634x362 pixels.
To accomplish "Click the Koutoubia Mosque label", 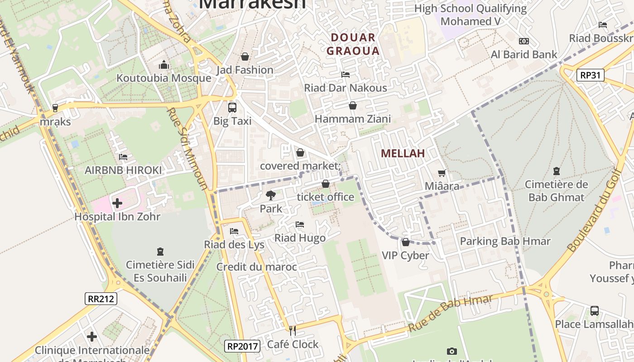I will (x=163, y=78).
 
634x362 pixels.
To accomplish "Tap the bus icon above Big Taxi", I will (x=232, y=108).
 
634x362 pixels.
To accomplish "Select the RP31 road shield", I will (x=591, y=75).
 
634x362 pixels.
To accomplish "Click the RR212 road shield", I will (x=101, y=299).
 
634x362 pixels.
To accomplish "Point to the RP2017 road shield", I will (x=243, y=347).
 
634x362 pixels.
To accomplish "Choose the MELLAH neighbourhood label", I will (x=403, y=153).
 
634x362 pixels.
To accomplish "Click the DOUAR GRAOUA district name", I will (x=353, y=44).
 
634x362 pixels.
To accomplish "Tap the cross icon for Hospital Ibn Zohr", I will (x=117, y=203).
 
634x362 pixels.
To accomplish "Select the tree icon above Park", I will (x=271, y=195).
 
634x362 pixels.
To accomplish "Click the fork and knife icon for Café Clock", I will (x=293, y=331).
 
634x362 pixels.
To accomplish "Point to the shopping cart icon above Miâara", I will (x=442, y=173).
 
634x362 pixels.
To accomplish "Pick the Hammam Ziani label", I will (x=352, y=119).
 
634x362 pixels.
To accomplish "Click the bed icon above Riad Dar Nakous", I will (x=346, y=74).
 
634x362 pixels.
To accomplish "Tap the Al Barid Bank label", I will (x=524, y=55).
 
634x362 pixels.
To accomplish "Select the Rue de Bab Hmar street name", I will (x=450, y=313).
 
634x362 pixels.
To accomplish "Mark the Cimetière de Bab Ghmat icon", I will (x=556, y=171).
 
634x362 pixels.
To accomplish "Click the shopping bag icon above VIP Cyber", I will (x=405, y=242).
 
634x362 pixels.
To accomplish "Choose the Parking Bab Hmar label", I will (x=505, y=241).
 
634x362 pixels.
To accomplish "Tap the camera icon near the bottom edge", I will (x=451, y=351).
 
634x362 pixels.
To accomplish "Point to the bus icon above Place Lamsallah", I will (x=594, y=311).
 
